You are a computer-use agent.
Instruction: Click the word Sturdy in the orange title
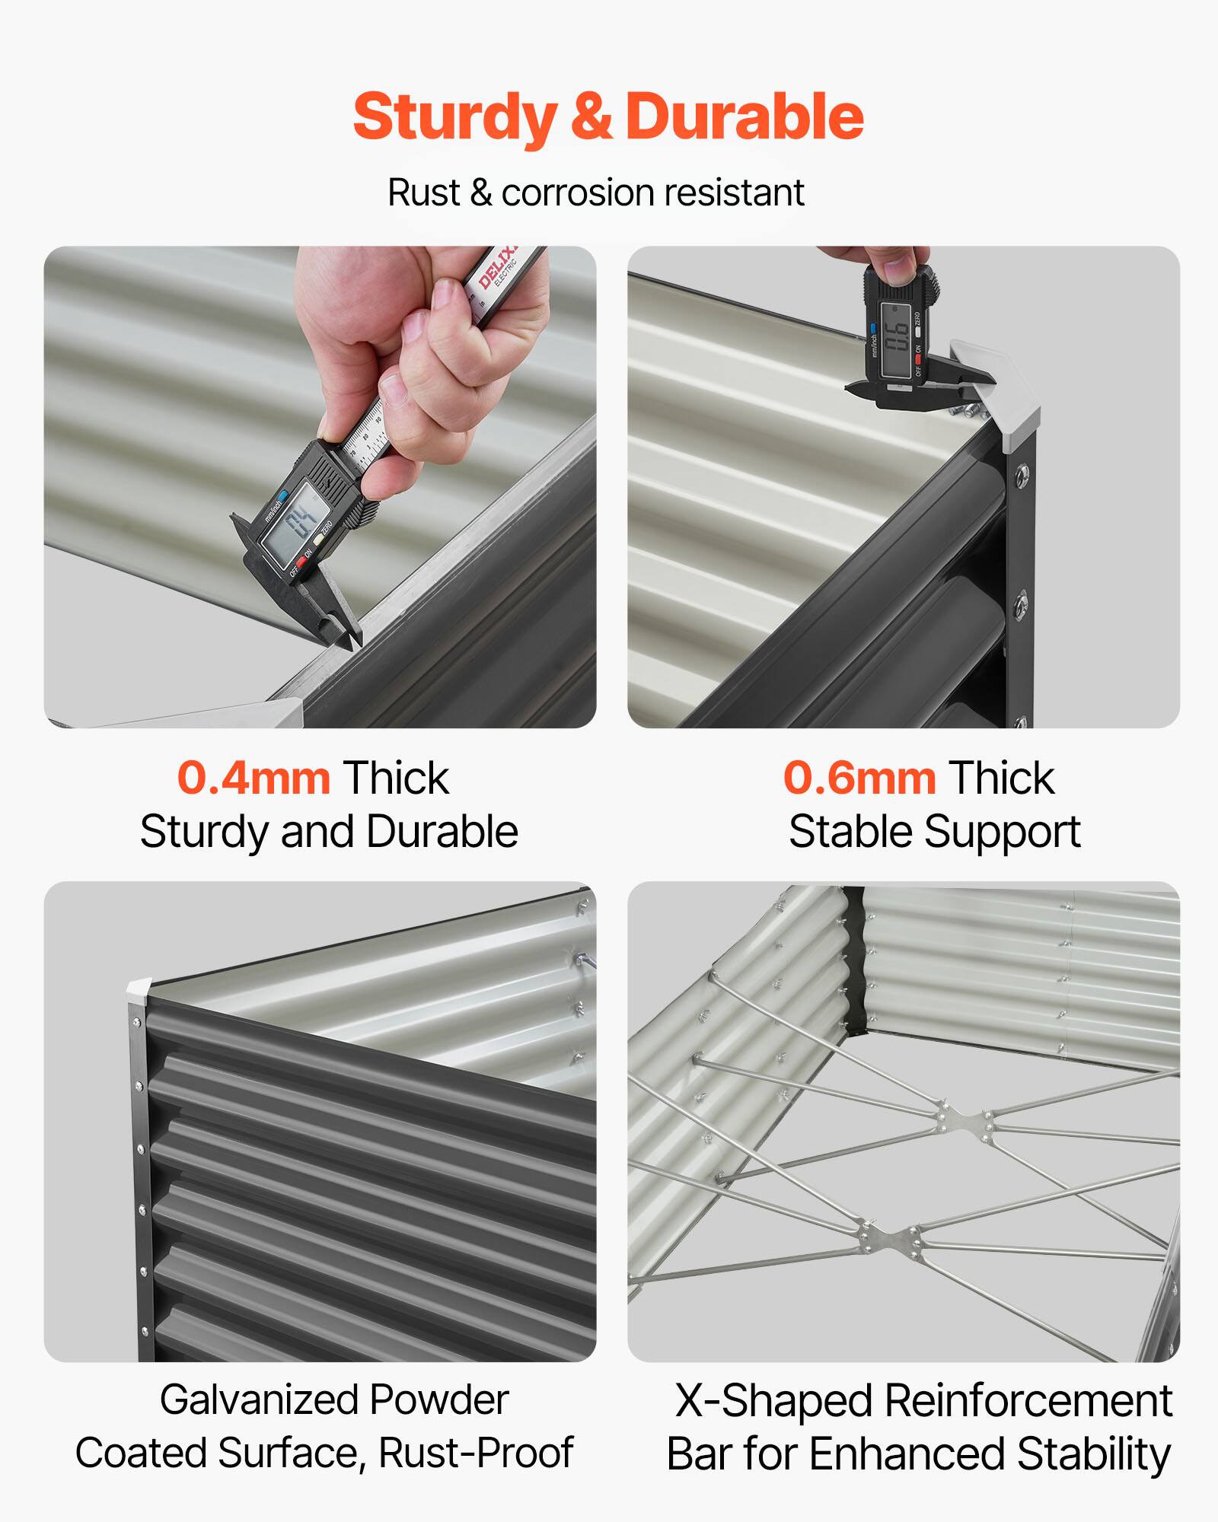(454, 118)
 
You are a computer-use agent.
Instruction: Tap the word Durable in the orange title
(744, 118)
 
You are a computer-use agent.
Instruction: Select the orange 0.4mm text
(253, 779)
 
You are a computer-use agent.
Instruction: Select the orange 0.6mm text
(859, 779)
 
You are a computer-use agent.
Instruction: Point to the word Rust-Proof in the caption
(475, 1454)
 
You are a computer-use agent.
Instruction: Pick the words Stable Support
(934, 832)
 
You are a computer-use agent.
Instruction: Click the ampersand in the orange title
(591, 118)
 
